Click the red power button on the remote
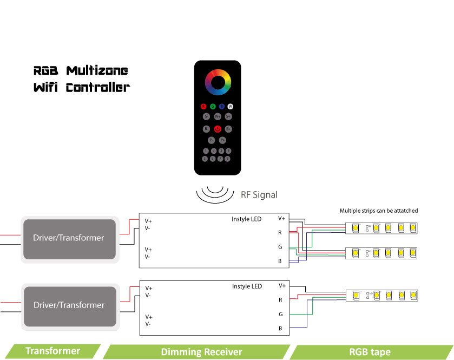click(x=218, y=129)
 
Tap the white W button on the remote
click(x=230, y=106)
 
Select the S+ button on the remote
click(x=229, y=116)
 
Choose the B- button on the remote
click(x=206, y=129)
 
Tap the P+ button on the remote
click(x=222, y=140)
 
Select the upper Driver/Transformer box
click(x=69, y=238)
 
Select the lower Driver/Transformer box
click(x=69, y=305)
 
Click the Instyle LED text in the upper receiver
click(x=246, y=219)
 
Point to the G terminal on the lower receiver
click(x=281, y=314)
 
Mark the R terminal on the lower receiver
click(x=280, y=299)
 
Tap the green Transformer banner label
click(x=52, y=351)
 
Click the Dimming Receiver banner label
click(x=201, y=352)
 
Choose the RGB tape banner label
click(x=370, y=352)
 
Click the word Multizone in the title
click(x=97, y=71)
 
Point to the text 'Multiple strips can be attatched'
click(x=379, y=211)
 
